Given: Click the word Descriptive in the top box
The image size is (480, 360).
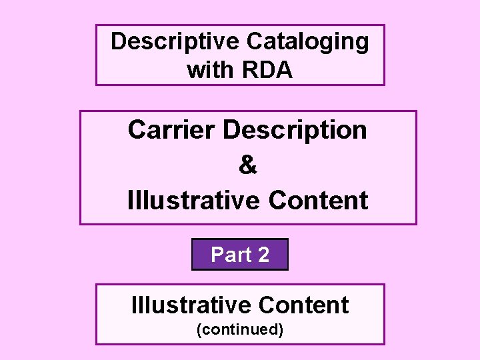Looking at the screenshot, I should click(175, 41).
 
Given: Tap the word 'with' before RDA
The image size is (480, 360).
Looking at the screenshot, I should click(207, 69).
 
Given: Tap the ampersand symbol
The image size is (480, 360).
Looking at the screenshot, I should click(247, 165).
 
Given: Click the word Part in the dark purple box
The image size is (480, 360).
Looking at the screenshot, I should click(229, 255).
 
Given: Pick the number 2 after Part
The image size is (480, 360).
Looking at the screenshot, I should click(263, 255).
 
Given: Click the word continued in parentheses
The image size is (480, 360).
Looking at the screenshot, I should click(240, 329).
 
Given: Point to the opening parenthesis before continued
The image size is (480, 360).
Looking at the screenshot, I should click(199, 329).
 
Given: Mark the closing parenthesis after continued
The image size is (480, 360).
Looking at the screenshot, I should click(281, 329).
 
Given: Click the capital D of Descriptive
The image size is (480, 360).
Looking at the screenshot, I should click(118, 41).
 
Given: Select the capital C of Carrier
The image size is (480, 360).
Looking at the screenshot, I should click(137, 130).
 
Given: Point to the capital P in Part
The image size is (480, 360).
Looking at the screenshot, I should click(217, 255).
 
